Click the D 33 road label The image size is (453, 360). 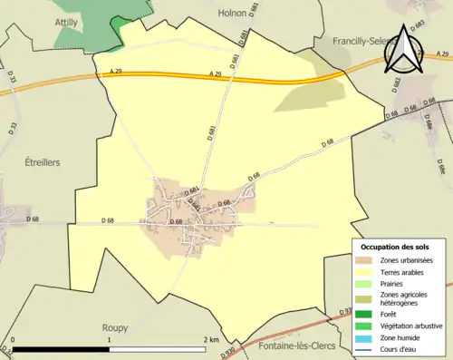tap(13, 79)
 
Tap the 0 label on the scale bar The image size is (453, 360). tap(13, 340)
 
